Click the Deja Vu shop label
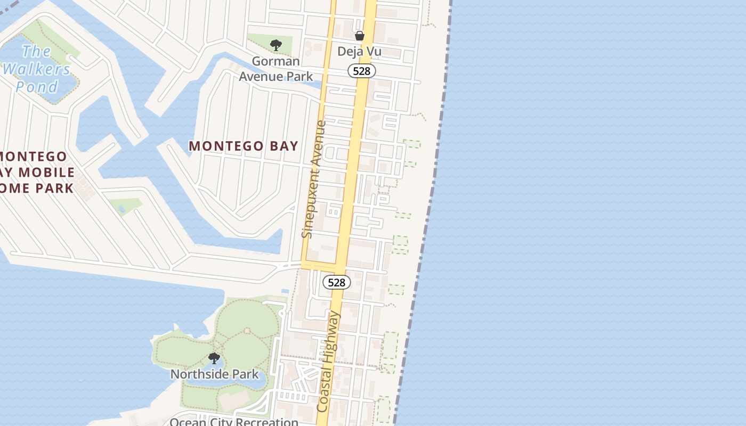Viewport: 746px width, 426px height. (360, 52)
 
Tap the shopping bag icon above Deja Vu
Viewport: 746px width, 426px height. (360, 36)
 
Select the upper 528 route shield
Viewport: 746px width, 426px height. (362, 71)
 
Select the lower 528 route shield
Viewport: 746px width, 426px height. (337, 282)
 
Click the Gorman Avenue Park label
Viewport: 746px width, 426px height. (275, 69)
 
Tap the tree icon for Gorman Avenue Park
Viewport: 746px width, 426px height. (275, 45)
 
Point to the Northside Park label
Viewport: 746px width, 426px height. (214, 374)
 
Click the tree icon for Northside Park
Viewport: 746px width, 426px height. (214, 358)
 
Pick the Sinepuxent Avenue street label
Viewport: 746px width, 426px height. (313, 179)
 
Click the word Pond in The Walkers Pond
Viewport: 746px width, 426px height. (37, 86)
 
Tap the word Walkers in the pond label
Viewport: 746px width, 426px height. (37, 69)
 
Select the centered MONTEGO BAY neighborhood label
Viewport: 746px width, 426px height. (244, 146)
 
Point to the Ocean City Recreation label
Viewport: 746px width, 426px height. (234, 422)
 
